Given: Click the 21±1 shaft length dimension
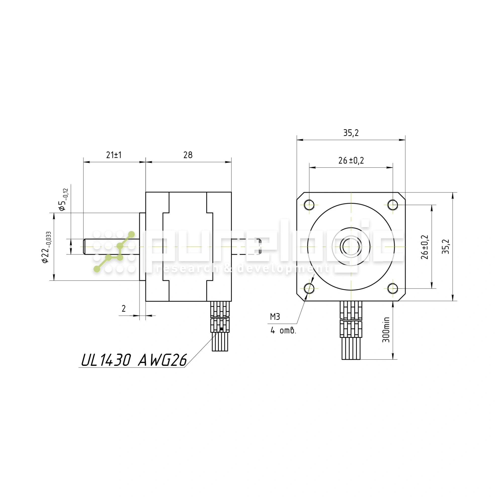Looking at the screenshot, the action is pos(114,155).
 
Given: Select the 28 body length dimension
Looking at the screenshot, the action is pos(188,155).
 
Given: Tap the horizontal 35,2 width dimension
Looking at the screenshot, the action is pos(351,133).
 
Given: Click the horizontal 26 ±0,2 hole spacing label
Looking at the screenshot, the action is pos(351,161).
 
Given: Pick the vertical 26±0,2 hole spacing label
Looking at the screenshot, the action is pos(425,247).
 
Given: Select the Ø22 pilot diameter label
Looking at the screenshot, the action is pos(46,247).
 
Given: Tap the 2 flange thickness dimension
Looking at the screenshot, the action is pos(124,308).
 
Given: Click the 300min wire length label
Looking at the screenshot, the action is pos(386,330).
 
